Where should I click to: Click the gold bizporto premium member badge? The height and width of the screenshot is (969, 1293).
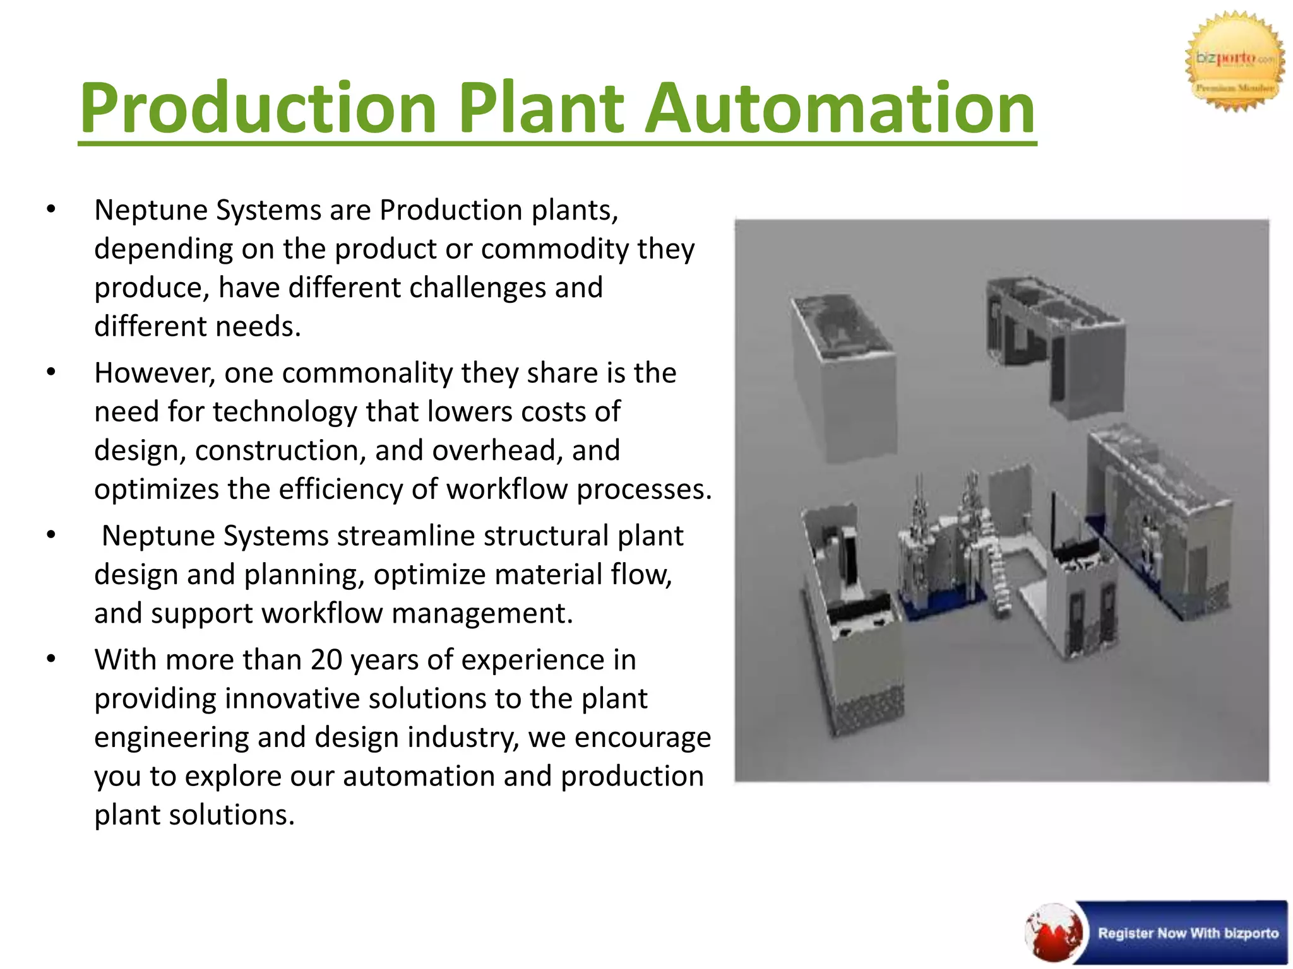coord(1234,62)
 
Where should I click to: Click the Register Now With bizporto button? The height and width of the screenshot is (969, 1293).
coord(1187,933)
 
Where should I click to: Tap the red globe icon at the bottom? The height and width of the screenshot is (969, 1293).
coord(1053,933)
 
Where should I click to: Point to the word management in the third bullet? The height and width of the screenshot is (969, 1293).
coord(482,613)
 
